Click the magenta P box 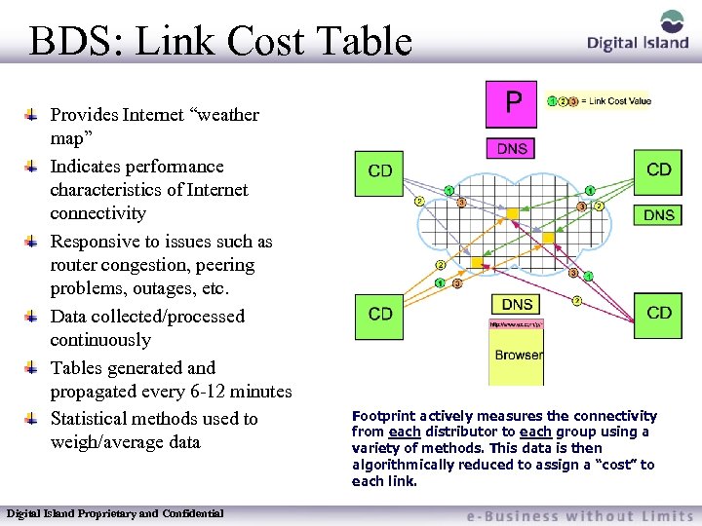[x=512, y=104]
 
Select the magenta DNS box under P [x=512, y=149]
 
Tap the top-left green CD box [x=381, y=172]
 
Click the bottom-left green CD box [x=380, y=315]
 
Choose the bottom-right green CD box [x=659, y=314]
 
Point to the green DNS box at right [x=659, y=214]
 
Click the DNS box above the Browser [x=517, y=305]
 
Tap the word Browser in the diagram [x=518, y=355]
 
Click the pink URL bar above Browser [x=516, y=324]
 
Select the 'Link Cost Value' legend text [x=618, y=101]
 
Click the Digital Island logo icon [x=673, y=21]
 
